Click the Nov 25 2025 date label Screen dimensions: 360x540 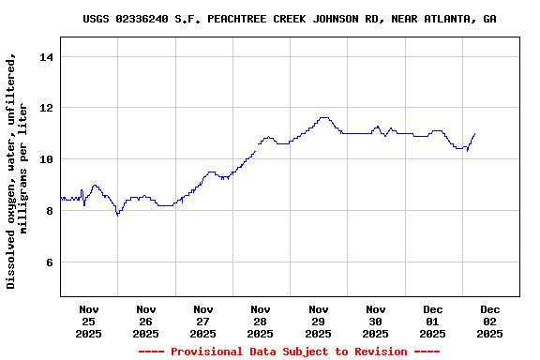pos(88,321)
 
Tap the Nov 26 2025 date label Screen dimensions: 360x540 pos(145,321)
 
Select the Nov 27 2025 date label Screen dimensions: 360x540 pos(202,321)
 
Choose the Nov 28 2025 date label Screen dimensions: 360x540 pos(261,321)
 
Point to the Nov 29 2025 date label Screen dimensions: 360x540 pos(318,321)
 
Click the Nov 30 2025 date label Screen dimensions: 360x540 pos(375,321)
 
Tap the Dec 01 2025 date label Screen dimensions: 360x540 pos(432,321)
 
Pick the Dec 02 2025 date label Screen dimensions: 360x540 pos(489,321)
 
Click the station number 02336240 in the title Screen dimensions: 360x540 pos(144,19)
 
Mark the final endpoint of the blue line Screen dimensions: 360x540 pos(475,133)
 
